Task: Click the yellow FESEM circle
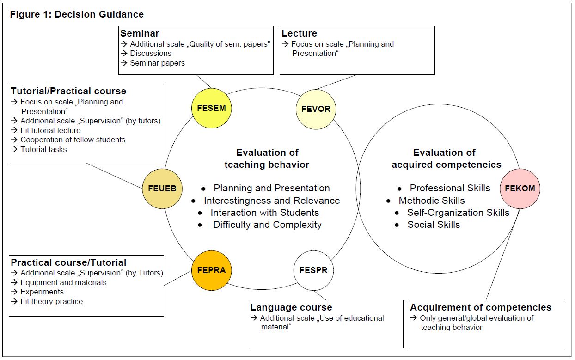click(211, 108)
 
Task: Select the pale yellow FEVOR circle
click(316, 109)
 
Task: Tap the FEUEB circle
click(162, 189)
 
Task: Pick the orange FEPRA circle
click(211, 270)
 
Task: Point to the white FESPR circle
click(313, 270)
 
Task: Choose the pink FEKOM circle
click(520, 189)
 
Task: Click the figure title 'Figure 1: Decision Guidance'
click(77, 14)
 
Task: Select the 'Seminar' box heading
click(140, 33)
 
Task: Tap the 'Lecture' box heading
click(300, 33)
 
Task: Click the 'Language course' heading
click(291, 307)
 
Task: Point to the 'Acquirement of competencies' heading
click(481, 307)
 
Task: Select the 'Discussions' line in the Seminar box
click(151, 53)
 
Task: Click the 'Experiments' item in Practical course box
click(42, 292)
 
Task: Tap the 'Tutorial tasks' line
click(43, 149)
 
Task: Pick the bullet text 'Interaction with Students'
click(265, 213)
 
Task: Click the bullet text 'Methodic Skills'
click(432, 201)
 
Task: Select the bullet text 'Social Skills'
click(434, 225)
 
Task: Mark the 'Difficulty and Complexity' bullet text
click(267, 225)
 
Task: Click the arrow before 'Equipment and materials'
click(14, 282)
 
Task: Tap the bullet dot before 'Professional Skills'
click(399, 189)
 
